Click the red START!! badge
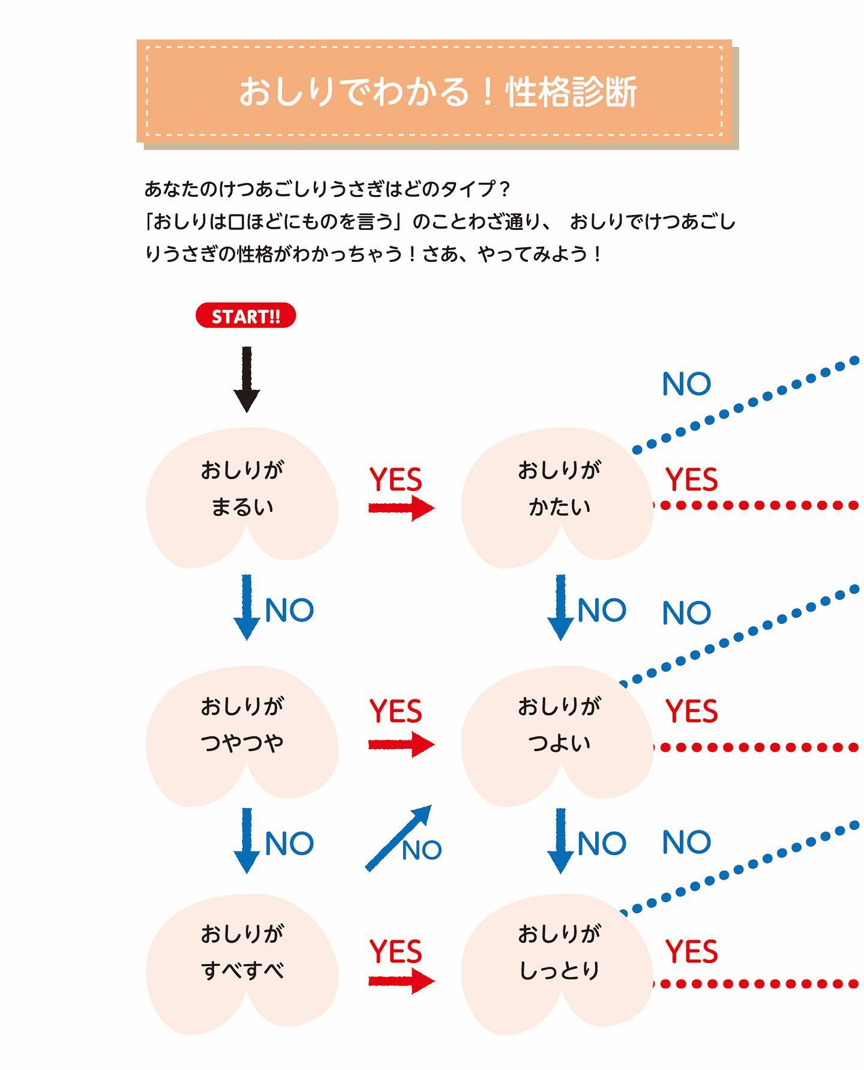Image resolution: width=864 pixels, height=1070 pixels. [246, 316]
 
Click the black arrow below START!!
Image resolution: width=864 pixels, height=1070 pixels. [247, 379]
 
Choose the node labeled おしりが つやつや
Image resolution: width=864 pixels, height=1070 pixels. [242, 734]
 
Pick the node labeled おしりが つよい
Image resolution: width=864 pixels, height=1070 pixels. [557, 734]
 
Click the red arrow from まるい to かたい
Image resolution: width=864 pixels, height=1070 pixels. [401, 508]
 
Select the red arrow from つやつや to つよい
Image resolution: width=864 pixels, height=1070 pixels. [401, 745]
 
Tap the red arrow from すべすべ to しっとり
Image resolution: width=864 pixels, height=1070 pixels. [401, 981]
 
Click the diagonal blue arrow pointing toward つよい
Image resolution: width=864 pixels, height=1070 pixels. [398, 838]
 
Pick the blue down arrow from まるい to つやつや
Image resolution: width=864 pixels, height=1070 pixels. [247, 608]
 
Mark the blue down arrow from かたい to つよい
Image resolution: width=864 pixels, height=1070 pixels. [560, 608]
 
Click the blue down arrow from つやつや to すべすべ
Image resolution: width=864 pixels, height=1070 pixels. [247, 841]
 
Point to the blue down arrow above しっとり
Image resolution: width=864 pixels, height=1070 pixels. [560, 841]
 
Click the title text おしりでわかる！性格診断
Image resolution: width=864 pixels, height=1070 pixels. [437, 92]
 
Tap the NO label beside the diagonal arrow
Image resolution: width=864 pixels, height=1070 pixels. [422, 850]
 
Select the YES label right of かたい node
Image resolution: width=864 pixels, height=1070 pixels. [691, 480]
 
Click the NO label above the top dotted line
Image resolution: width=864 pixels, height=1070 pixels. [686, 384]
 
